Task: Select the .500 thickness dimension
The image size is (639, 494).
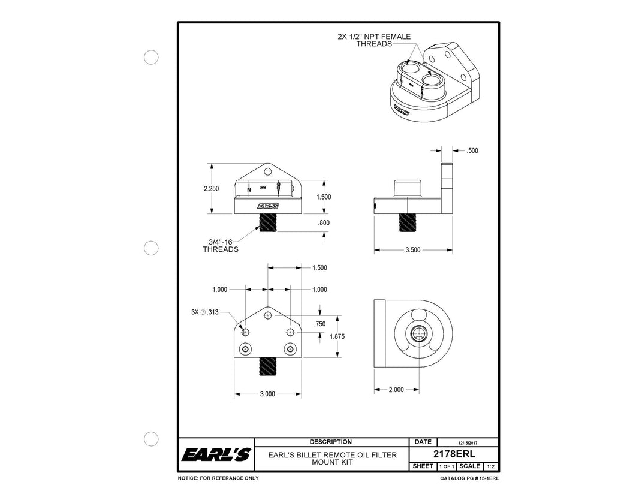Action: [473, 151]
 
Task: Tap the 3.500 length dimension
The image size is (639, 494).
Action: [412, 250]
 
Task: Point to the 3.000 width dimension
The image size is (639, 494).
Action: [267, 394]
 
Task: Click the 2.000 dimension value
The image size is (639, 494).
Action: [396, 390]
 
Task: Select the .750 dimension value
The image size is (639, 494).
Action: [319, 324]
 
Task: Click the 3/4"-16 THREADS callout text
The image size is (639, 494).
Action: [220, 245]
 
